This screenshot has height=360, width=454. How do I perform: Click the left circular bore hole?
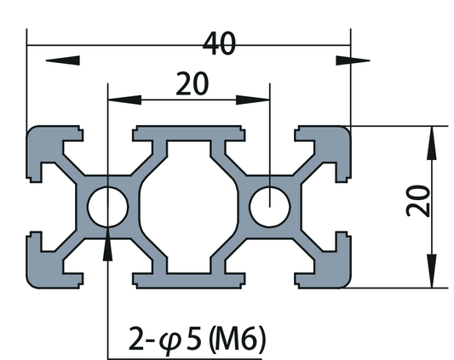click(x=108, y=205)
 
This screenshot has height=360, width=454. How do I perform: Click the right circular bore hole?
click(x=269, y=205)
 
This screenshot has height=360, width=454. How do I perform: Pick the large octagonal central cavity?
click(x=188, y=205)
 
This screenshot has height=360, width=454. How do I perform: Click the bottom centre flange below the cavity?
click(x=188, y=277)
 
